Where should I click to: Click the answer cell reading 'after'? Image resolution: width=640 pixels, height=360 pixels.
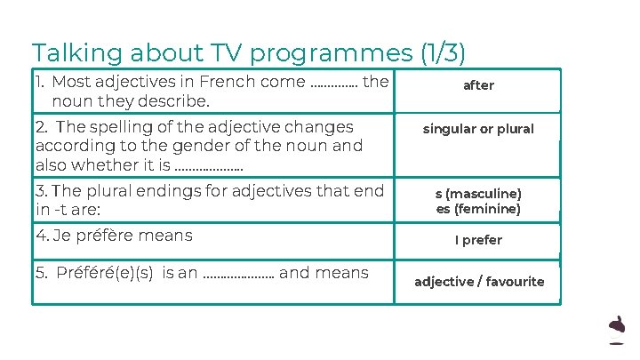coord(478,85)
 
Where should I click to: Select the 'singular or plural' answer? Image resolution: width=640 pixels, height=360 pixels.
coord(478,129)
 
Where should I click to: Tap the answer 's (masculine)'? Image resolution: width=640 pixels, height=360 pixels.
coord(478,194)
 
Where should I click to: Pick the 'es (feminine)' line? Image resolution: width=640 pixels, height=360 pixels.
coord(478,210)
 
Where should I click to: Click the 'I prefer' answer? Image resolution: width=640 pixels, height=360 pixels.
coord(478,240)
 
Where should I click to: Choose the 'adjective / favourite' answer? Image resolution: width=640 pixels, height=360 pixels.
coord(479,282)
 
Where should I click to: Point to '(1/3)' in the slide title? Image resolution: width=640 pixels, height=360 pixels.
coord(444,53)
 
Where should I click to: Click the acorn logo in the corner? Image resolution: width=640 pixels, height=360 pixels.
coord(616,330)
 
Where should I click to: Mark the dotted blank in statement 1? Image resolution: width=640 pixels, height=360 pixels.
coord(334,84)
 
